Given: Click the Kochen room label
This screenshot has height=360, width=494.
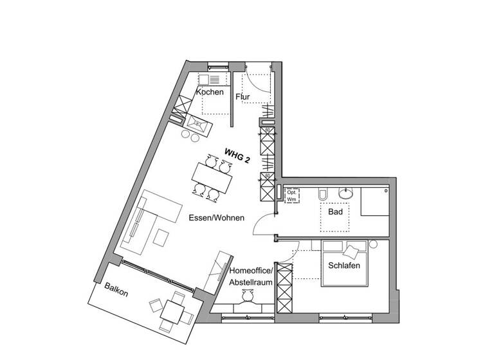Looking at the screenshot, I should [x=210, y=92].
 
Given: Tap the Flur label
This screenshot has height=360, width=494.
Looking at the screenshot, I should [x=242, y=97].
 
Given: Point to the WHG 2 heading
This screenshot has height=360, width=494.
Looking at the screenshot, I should [x=237, y=156].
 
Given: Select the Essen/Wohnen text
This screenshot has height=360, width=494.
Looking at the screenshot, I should [x=216, y=218].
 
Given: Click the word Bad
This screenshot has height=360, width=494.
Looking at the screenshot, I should [x=335, y=212].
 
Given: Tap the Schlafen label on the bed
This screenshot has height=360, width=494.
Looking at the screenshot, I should [x=343, y=265].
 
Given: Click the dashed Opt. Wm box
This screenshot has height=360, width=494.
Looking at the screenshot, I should [x=290, y=195].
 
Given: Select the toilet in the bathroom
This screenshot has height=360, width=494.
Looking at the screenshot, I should [x=324, y=194].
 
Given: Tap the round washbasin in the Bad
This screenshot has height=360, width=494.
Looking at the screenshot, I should [x=347, y=192].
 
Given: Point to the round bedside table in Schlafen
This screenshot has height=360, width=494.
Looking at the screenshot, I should [x=373, y=244].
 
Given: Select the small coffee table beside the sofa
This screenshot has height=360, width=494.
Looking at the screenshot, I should [x=160, y=239].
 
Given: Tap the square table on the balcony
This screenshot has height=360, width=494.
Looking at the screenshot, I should [x=172, y=312].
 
